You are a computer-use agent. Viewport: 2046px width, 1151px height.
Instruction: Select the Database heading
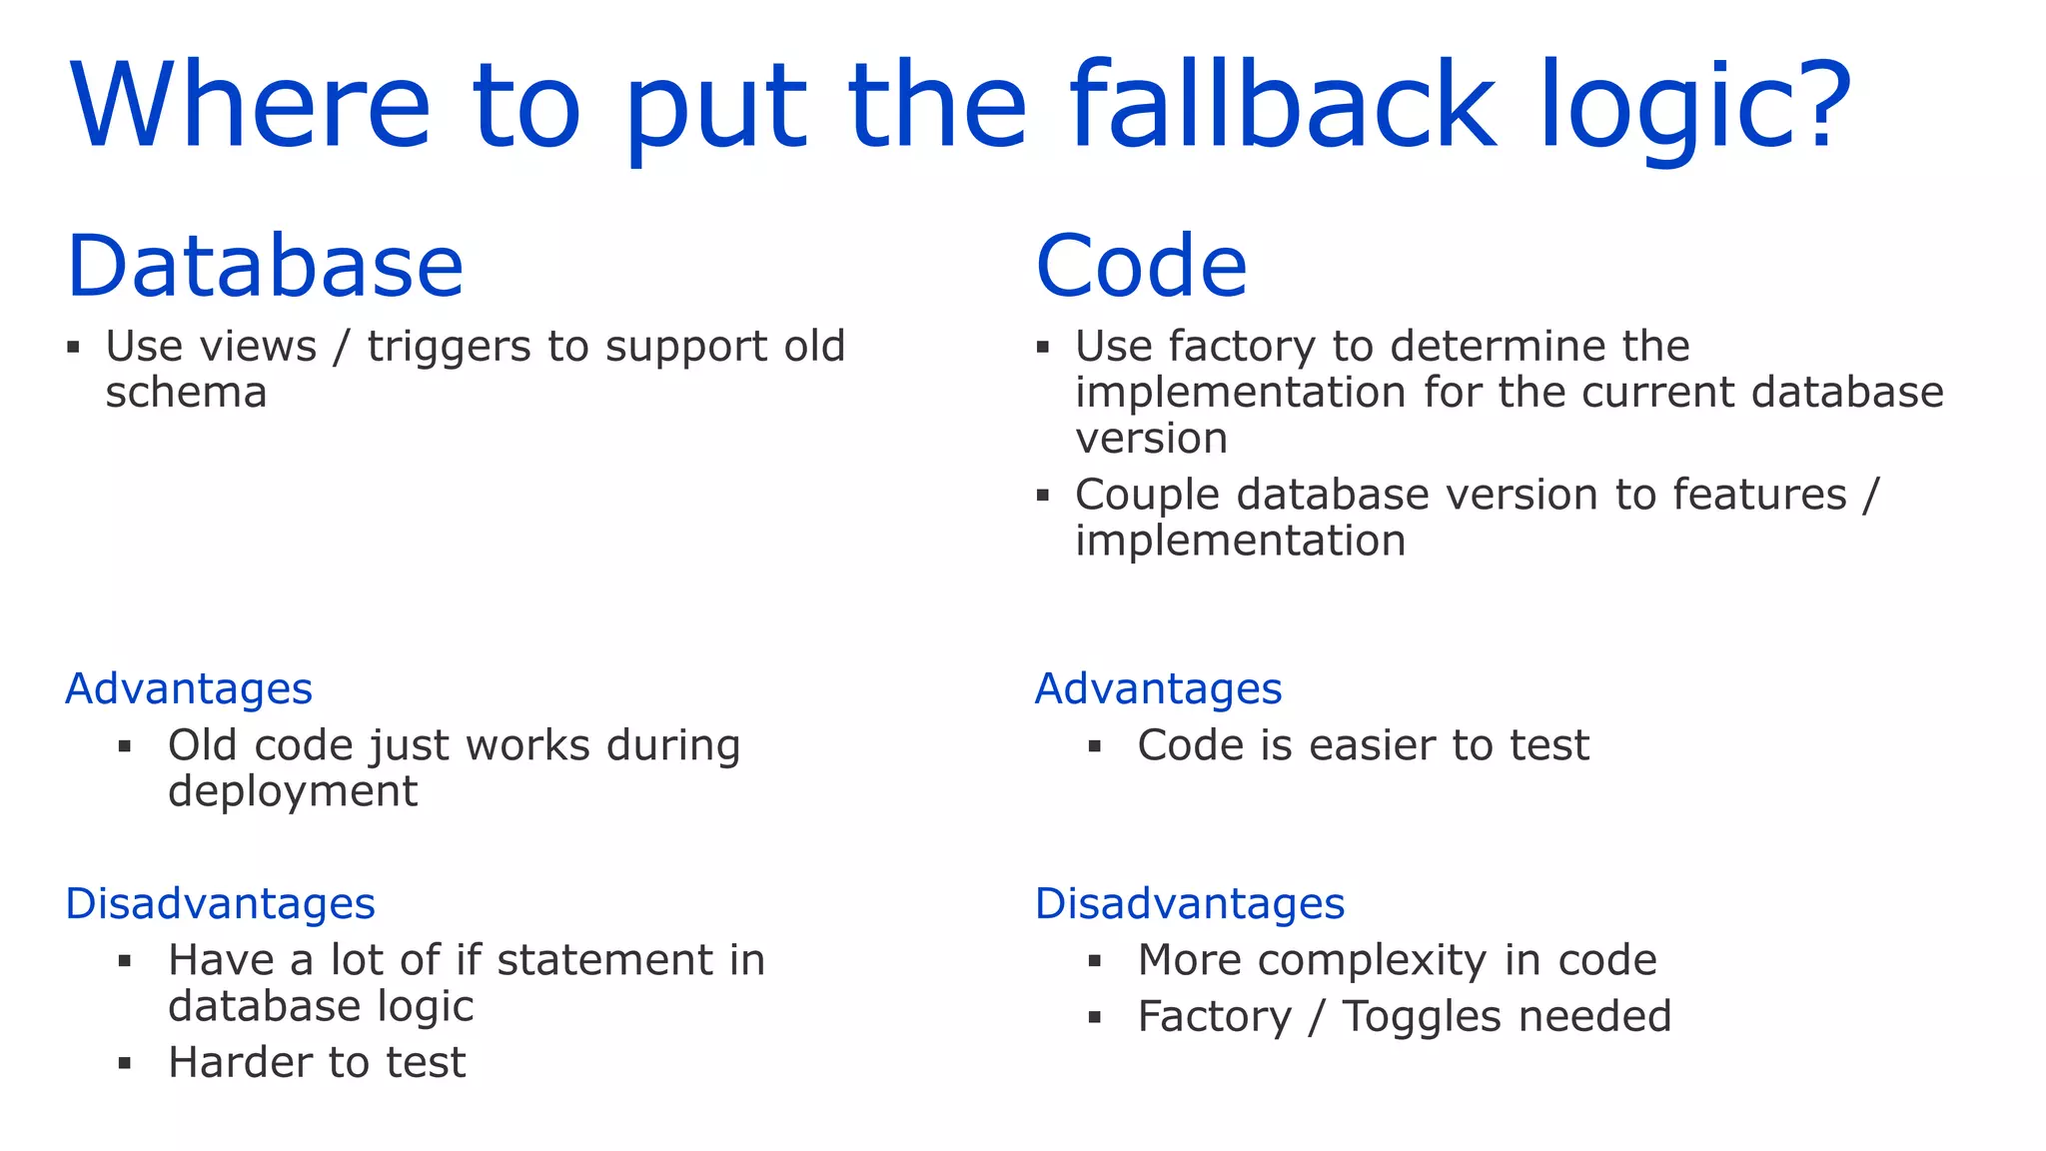coord(265,266)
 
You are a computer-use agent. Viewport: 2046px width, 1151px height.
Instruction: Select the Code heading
coord(1141,266)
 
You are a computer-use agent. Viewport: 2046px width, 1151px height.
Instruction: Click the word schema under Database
coord(186,393)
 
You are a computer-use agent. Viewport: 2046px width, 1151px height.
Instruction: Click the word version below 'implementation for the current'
coord(1151,439)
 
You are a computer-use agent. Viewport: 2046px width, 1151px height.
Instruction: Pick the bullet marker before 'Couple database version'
coord(1043,495)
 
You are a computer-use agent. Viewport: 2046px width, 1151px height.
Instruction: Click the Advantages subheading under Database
coord(189,689)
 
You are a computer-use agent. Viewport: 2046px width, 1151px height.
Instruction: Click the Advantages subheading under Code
coord(1158,689)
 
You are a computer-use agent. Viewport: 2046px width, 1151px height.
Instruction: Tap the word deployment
coord(292,792)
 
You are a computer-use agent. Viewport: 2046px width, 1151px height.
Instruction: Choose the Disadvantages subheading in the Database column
coord(220,903)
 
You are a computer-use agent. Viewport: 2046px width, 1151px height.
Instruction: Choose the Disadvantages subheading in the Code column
coord(1189,903)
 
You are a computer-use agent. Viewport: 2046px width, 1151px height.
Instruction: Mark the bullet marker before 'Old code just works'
coord(125,746)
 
